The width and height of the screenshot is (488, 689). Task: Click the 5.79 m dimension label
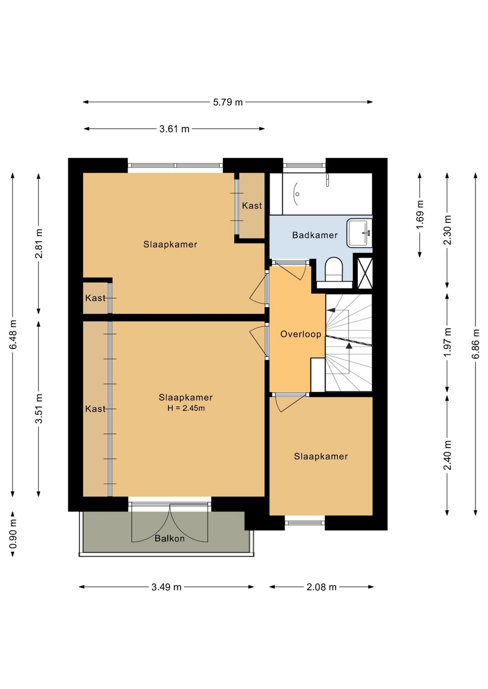coord(228,102)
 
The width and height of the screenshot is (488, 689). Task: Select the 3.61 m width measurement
coord(174,129)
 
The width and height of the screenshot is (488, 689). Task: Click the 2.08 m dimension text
coord(321,587)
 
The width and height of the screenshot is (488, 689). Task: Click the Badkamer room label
coord(314,235)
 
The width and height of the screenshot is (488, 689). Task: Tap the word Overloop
coord(300,334)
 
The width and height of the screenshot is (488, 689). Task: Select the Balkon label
coord(169,539)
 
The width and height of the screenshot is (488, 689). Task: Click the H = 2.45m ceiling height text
coord(186,408)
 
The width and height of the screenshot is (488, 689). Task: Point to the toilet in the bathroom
coord(334,270)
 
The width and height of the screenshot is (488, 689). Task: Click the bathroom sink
coord(359,233)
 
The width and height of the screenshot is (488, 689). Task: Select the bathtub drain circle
coord(297,194)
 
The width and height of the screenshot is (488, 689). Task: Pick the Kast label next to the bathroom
coord(252,205)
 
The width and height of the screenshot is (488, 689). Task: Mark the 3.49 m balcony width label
coord(166,587)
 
